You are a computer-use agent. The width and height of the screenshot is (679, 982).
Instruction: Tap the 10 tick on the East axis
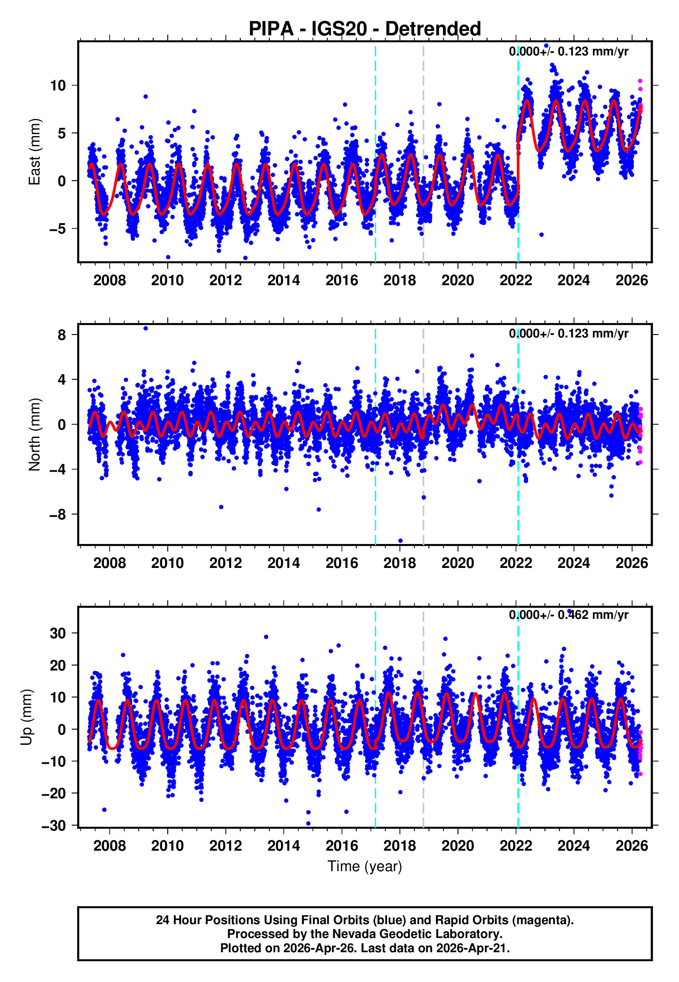click(58, 86)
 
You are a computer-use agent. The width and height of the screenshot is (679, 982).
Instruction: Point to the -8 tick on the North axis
click(58, 515)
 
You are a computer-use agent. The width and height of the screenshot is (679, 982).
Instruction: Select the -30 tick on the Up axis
click(54, 826)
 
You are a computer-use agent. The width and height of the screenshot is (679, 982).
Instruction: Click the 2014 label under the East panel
click(283, 281)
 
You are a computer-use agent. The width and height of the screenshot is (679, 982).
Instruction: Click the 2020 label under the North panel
click(458, 563)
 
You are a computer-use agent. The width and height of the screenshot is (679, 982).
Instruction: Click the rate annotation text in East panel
click(568, 52)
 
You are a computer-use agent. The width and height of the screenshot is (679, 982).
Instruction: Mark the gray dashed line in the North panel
click(423, 468)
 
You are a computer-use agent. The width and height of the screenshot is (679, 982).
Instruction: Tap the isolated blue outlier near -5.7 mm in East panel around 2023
click(541, 235)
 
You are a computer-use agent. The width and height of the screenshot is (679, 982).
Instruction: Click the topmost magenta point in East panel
click(640, 81)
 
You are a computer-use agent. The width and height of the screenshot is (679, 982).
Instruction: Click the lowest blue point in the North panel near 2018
click(400, 541)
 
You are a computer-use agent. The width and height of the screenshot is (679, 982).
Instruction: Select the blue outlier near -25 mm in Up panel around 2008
click(104, 809)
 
